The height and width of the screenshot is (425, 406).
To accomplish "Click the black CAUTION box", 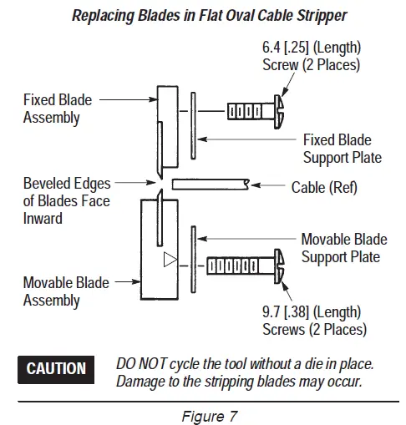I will [56, 368].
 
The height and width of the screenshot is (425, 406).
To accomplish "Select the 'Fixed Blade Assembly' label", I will [57, 109].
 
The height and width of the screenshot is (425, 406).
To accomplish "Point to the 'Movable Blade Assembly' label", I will [65, 291].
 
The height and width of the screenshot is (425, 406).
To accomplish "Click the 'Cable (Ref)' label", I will [323, 187].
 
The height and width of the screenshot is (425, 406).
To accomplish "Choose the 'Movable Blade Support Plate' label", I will [344, 248].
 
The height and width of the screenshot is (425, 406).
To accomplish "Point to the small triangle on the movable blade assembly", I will [170, 259].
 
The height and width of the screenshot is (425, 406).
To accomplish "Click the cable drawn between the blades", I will [209, 182].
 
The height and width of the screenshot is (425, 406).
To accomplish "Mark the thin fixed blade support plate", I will [193, 125].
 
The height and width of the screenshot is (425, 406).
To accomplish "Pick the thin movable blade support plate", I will [193, 255].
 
